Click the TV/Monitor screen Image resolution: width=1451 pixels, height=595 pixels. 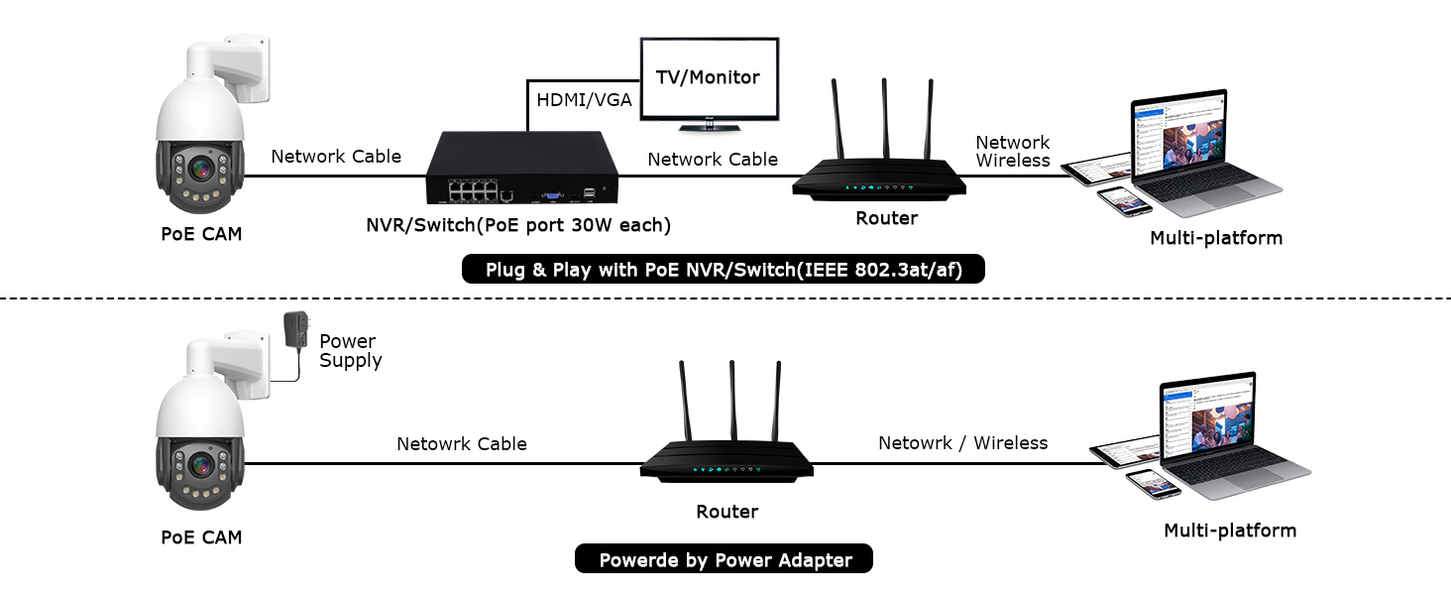709,78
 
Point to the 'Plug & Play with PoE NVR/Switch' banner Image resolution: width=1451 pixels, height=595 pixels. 724,270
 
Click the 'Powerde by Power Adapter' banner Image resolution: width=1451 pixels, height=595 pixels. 725,559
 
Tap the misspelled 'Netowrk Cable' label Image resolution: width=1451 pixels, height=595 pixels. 462,444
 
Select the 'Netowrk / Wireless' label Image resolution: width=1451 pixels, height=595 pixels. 962,443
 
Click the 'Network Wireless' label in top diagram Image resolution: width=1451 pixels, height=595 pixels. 1012,152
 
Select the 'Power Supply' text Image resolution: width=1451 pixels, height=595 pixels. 349,351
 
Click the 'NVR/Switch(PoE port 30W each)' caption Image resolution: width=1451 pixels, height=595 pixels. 518,225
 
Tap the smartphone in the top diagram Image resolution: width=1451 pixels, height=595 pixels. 1123,199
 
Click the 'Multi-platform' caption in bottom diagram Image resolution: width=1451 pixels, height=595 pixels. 1229,531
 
